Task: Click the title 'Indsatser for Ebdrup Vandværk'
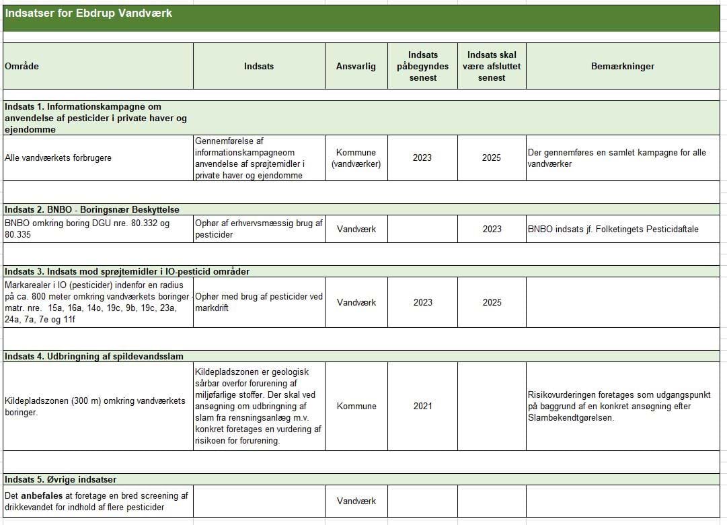tap(88, 13)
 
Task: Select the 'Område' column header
tap(22, 67)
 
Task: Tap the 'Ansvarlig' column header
tap(356, 67)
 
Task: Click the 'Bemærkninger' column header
tap(622, 67)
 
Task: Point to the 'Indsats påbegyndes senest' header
tap(422, 66)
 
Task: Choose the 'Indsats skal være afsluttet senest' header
tap(492, 66)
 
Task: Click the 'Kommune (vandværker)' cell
tap(356, 158)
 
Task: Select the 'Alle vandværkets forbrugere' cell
tap(58, 158)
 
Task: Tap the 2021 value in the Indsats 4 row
tap(422, 407)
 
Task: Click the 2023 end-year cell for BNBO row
tap(492, 230)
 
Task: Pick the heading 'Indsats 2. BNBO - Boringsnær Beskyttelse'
tap(91, 209)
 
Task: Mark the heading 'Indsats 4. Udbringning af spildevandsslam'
tap(93, 356)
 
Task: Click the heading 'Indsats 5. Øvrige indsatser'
tap(61, 480)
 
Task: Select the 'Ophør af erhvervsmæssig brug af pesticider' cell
tap(259, 229)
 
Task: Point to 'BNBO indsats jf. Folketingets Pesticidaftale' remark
tap(613, 230)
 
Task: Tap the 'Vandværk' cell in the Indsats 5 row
tap(356, 501)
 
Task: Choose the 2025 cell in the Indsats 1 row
tap(492, 158)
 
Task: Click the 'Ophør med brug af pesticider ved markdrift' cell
tap(259, 302)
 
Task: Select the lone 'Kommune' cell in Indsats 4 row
tap(356, 407)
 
